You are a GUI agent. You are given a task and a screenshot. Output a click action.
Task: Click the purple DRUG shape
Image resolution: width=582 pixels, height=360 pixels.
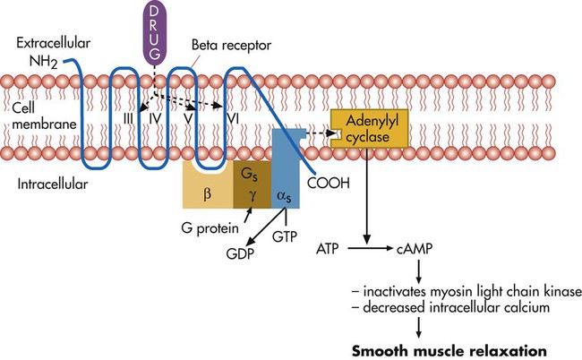pyautogui.click(x=158, y=30)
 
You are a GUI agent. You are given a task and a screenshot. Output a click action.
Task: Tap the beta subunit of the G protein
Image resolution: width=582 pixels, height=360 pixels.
pyautogui.click(x=207, y=188)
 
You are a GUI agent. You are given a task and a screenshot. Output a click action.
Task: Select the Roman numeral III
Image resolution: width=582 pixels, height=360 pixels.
pyautogui.click(x=128, y=116)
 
